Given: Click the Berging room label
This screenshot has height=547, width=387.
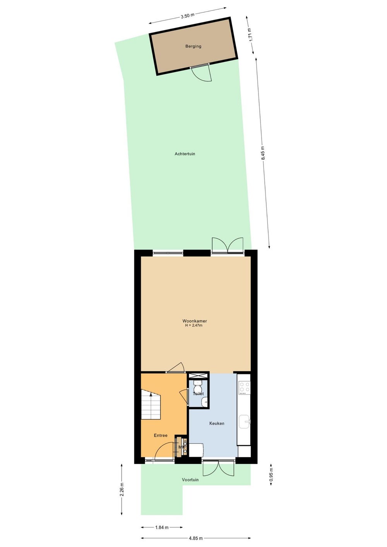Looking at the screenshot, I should coord(193,46).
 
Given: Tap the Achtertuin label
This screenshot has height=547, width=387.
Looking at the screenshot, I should coord(185,154).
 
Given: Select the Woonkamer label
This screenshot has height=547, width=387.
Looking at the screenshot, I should coord(195,321).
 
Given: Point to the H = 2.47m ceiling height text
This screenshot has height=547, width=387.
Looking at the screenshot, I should coord(193,326).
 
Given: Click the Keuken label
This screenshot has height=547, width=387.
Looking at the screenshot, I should coord(217,424).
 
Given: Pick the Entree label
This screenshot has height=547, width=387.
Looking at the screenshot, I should coord(161,436).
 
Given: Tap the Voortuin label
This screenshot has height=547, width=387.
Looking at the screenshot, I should coord(190,480).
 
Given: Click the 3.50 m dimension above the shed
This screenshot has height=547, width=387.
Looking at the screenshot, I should coord(187,16).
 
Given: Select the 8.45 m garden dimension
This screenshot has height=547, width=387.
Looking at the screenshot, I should coord(263,153).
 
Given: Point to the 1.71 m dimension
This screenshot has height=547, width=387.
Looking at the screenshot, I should coord(250,35).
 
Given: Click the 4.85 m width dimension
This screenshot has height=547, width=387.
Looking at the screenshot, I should coord(195,538).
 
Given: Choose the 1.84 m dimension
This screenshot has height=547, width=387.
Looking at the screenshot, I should coord(162,527).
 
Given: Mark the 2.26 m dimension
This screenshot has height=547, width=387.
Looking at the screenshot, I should coord(122,489).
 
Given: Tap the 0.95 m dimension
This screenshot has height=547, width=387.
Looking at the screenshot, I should coord(271,475).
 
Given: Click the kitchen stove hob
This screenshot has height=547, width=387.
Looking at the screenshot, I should coord(244,388).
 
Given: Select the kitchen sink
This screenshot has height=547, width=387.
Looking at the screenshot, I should coord(245,422).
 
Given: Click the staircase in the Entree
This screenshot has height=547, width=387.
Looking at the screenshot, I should coord(151,405).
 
